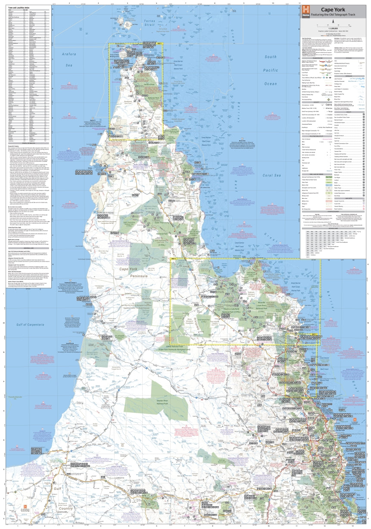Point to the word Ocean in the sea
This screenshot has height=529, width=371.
[x=271, y=84]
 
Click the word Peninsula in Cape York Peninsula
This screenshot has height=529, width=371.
[x=135, y=275]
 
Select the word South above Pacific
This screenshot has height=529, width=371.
[x=271, y=57]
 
